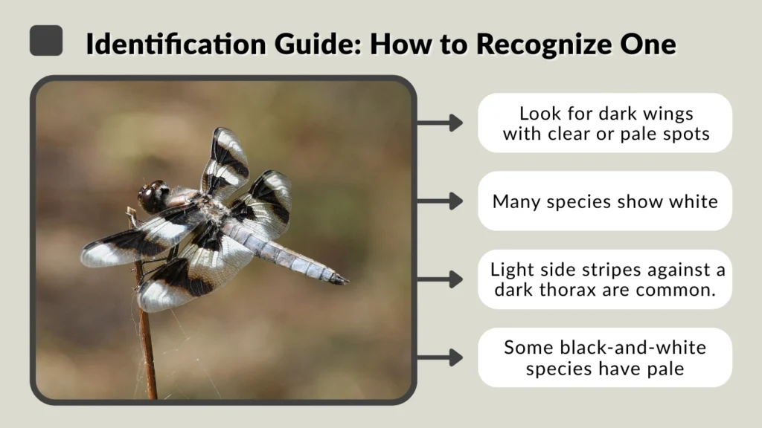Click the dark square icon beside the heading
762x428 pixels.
point(45,41)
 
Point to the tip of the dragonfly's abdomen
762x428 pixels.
point(344,281)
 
